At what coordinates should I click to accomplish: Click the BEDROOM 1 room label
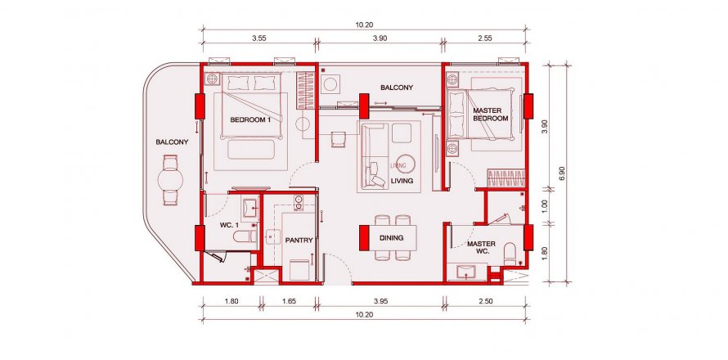(x=250, y=119)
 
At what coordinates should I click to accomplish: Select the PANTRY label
(x=299, y=241)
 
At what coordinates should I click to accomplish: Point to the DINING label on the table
(x=391, y=238)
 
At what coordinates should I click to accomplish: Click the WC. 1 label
(x=228, y=226)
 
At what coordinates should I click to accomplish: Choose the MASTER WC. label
(x=482, y=247)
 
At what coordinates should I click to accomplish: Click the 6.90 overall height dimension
(x=562, y=173)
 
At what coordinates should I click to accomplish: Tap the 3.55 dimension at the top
(x=259, y=38)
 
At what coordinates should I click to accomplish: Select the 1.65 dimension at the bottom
(x=289, y=301)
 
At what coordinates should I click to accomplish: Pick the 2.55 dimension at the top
(x=485, y=38)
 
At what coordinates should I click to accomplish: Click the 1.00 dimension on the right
(x=545, y=206)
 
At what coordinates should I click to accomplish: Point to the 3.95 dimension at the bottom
(x=380, y=301)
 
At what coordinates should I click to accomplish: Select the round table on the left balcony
(x=170, y=180)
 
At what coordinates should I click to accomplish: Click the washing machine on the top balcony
(x=331, y=84)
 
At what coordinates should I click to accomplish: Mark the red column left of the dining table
(x=364, y=238)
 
